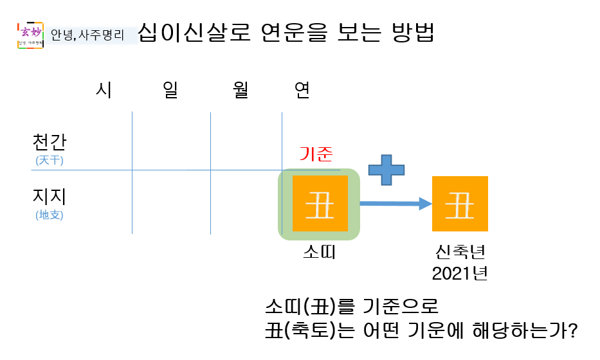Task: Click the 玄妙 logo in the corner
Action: point(30,35)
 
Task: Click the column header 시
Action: point(104,91)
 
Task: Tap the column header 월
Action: point(241,91)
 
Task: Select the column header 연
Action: point(302,91)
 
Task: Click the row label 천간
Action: point(50,141)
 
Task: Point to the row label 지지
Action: point(50,196)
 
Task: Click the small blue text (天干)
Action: point(50,160)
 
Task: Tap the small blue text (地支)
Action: point(50,215)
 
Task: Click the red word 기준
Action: point(316,154)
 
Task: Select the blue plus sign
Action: point(386,169)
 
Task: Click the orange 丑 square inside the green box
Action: point(320,204)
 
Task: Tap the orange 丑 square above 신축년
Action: point(460,204)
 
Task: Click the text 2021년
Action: point(460,273)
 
